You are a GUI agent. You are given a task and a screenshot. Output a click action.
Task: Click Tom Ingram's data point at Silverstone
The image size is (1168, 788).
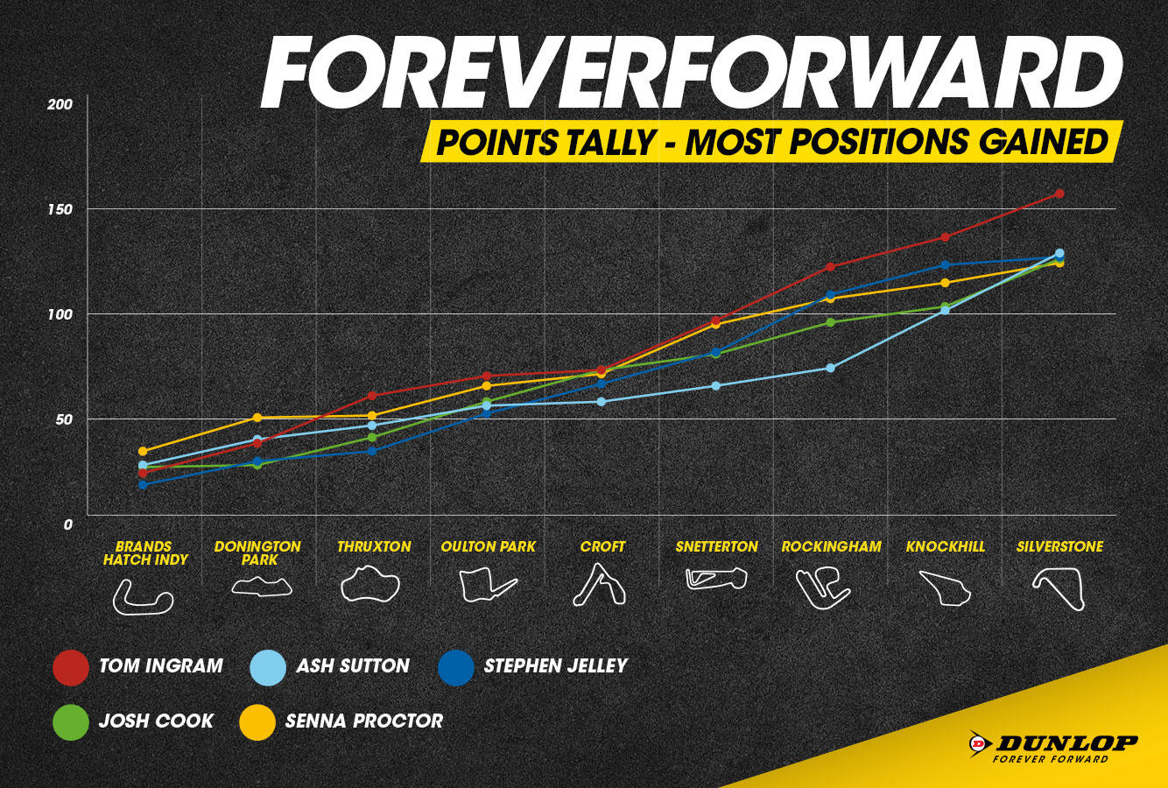[x=1059, y=193]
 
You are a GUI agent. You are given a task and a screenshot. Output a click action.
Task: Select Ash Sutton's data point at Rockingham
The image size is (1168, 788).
[x=831, y=369]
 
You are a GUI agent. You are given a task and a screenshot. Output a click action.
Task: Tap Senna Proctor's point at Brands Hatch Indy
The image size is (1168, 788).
[x=143, y=451]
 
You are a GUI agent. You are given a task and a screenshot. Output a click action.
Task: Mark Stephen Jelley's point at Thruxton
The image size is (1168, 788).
[x=372, y=451]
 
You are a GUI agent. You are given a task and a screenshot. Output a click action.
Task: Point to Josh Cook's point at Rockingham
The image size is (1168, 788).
[x=831, y=322]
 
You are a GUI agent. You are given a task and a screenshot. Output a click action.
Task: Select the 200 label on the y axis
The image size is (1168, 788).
[x=60, y=105]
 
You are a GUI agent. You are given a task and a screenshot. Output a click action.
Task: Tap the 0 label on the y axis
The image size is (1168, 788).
[x=67, y=524]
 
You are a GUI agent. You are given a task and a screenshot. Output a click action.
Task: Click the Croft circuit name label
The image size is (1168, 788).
[x=602, y=546]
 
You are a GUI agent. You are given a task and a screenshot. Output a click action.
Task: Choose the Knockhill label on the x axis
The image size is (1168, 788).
[x=946, y=546]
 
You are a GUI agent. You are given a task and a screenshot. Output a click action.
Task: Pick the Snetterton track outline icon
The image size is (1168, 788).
[x=716, y=579]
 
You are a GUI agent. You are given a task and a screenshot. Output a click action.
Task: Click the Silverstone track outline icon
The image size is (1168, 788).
[x=1059, y=588]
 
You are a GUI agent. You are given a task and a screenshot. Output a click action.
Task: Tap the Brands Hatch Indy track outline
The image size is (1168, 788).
[x=143, y=596]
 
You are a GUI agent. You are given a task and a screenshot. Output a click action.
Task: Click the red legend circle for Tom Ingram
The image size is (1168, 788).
[x=71, y=667]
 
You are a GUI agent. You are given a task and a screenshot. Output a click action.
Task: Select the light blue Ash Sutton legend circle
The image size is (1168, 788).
[x=268, y=667]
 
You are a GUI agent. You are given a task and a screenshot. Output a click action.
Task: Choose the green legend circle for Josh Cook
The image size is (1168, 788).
[x=71, y=722]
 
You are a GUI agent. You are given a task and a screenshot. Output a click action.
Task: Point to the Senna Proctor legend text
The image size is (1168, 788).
[x=364, y=721]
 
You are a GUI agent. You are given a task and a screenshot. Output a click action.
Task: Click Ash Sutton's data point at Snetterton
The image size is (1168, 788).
[x=716, y=386]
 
